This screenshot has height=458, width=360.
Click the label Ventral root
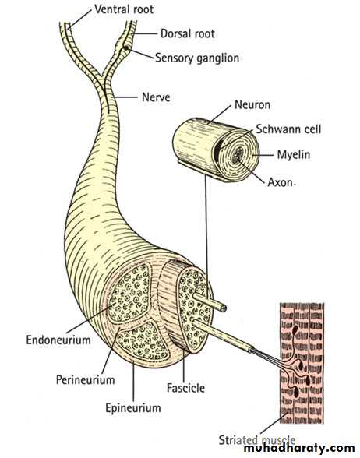[124, 9]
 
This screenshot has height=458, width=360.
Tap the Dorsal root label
[188, 33]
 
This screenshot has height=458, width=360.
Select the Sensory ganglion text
[197, 58]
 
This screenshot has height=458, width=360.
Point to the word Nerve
[156, 97]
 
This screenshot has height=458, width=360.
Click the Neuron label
[252, 104]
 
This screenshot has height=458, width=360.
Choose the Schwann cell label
[288, 129]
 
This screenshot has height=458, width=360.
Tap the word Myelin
[293, 154]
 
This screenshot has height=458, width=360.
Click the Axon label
[281, 182]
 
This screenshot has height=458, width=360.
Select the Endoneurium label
[58, 340]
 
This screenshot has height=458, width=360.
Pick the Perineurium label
[86, 380]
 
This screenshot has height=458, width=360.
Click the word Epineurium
[133, 408]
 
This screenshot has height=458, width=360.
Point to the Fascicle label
[185, 388]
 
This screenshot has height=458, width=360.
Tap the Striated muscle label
[257, 440]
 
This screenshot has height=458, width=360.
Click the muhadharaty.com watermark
[299, 448]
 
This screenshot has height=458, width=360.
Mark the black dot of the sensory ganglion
[125, 48]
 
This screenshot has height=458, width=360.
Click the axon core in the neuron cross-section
[239, 153]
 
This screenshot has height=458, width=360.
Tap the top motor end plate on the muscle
[295, 330]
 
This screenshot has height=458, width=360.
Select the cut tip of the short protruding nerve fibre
[223, 308]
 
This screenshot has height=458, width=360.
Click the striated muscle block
[302, 363]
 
